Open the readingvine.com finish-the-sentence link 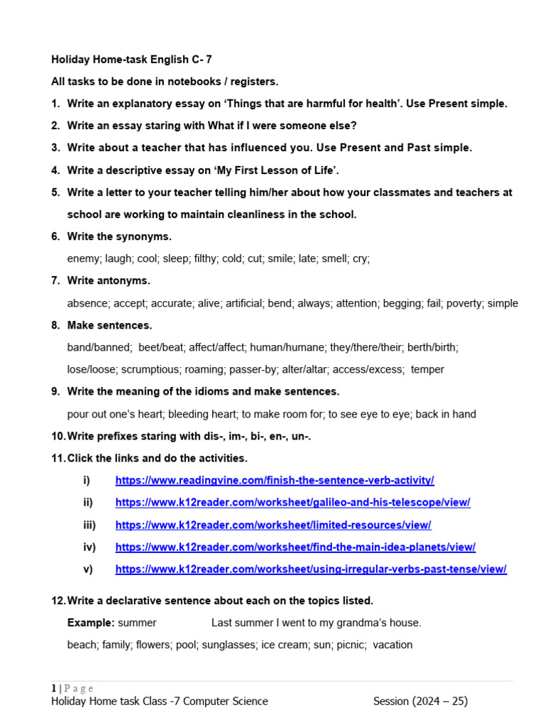click(275, 481)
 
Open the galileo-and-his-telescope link click(292, 503)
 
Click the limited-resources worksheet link click(273, 525)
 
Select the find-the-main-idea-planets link click(295, 547)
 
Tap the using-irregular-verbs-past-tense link click(311, 569)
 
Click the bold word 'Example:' click(91, 623)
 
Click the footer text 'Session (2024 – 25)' click(420, 701)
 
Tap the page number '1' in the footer click(53, 688)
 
